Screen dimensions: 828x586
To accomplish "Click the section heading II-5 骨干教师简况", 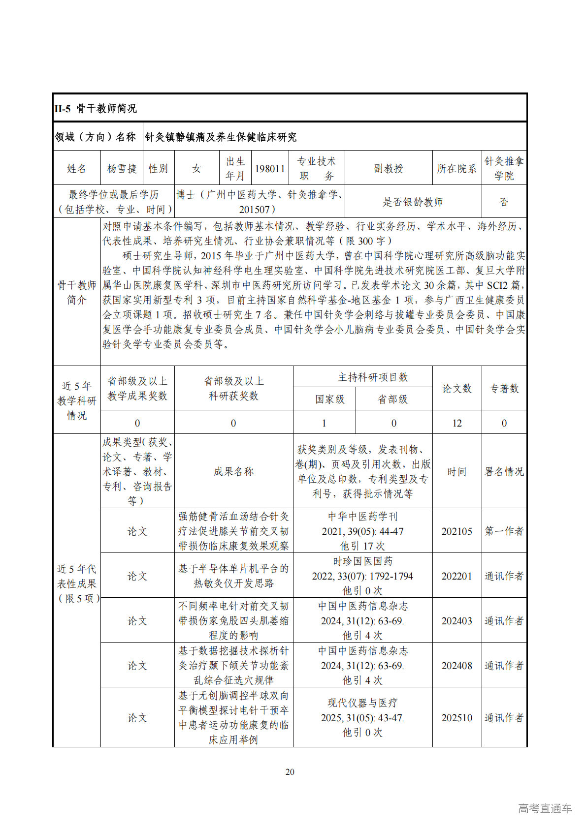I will [x=96, y=109].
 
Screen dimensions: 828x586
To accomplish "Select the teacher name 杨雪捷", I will [x=122, y=169].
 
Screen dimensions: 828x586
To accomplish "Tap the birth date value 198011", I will [x=270, y=169].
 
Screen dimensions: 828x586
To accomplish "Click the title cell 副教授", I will [x=389, y=169].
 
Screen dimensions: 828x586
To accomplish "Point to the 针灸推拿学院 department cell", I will [x=504, y=169].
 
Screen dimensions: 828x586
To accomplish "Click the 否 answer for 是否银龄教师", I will [x=504, y=202].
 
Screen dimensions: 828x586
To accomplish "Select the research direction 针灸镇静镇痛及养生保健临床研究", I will [x=221, y=137].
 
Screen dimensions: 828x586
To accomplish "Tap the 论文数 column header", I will [x=456, y=389].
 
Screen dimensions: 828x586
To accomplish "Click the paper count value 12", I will [x=456, y=423].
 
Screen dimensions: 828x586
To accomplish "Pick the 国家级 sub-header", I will [x=330, y=399].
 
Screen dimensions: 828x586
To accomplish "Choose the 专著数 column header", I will [x=504, y=389].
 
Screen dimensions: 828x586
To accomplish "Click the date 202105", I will [x=456, y=531].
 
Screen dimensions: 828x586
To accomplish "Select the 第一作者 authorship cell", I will [x=504, y=531].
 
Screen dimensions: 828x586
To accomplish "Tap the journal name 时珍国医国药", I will [x=362, y=561].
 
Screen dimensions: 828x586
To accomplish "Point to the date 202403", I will [x=456, y=621].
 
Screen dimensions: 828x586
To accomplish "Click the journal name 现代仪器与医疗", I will [x=362, y=703].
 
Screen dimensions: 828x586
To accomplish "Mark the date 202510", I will [x=456, y=718].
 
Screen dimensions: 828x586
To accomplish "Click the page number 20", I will [x=290, y=772].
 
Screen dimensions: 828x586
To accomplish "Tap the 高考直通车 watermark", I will [x=545, y=808].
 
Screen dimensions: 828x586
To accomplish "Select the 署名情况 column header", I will [x=504, y=472].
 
